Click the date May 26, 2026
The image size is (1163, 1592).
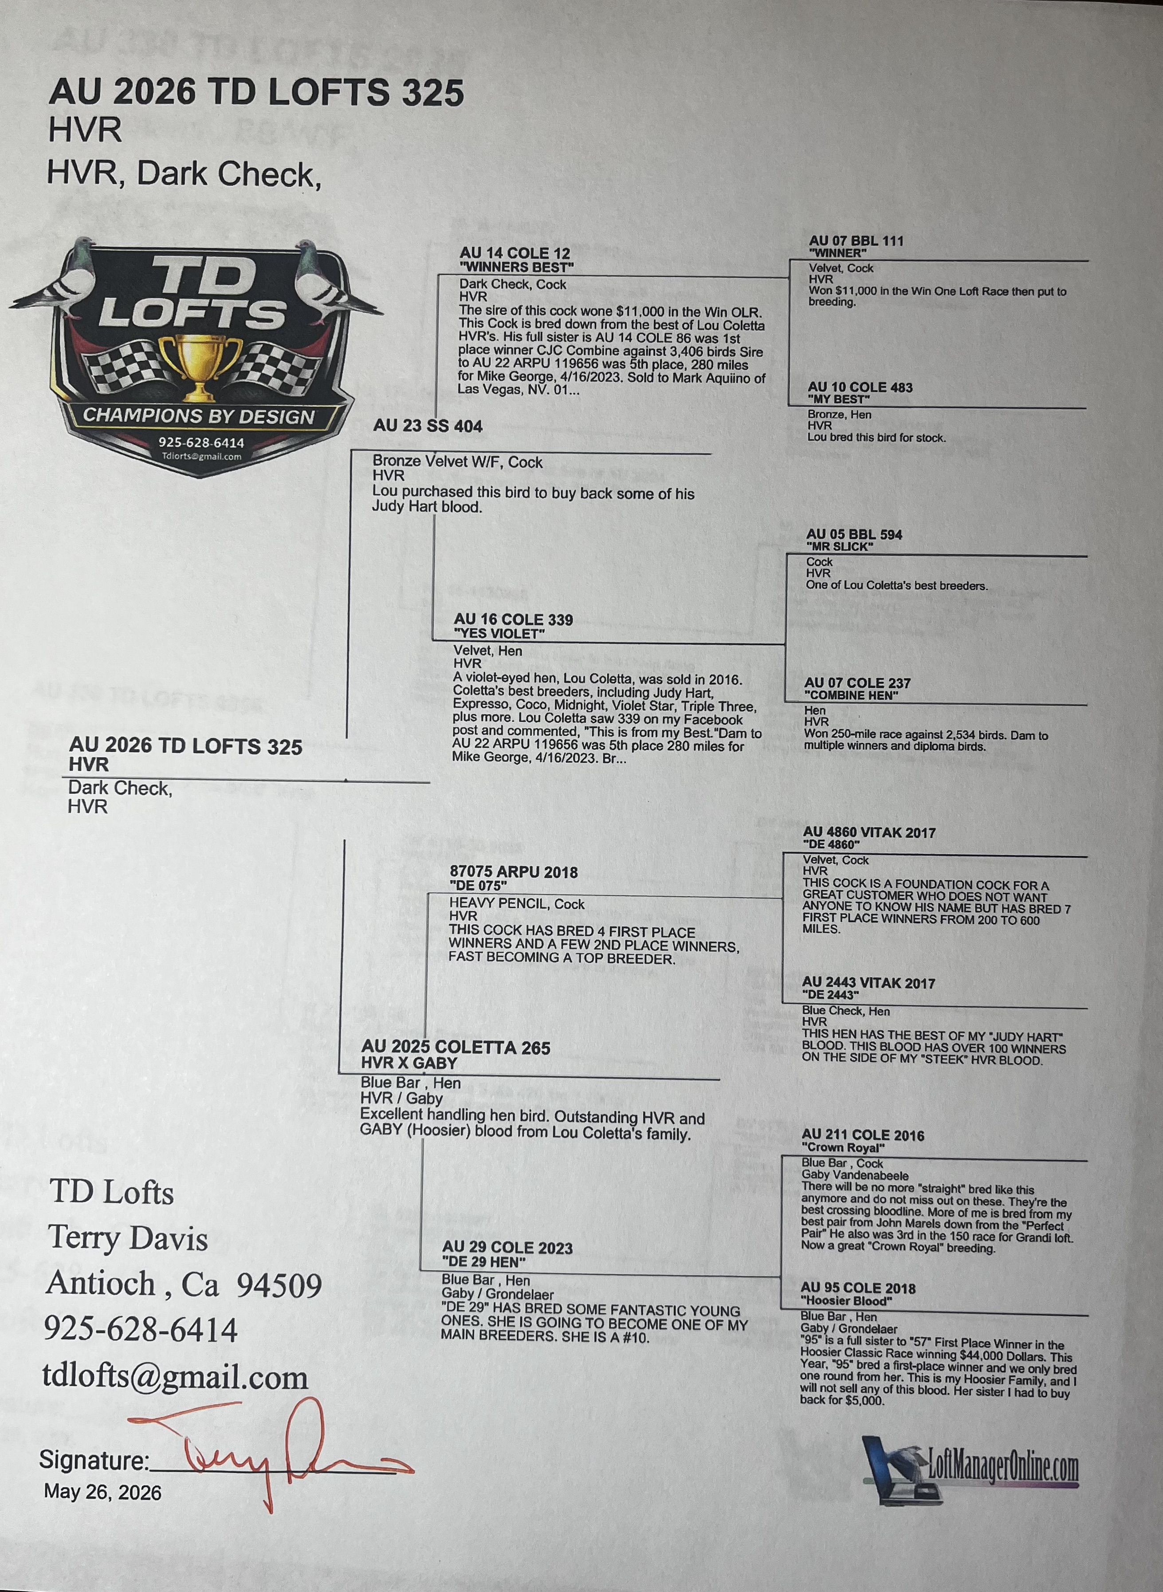[103, 1492]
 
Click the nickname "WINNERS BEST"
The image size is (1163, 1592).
[517, 268]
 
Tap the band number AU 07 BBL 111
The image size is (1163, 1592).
[856, 241]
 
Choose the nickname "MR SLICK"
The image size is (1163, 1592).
[840, 546]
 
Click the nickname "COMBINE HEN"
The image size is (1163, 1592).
[851, 695]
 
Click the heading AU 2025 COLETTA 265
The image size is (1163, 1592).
[456, 1048]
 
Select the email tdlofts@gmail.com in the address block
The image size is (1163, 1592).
[175, 1377]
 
